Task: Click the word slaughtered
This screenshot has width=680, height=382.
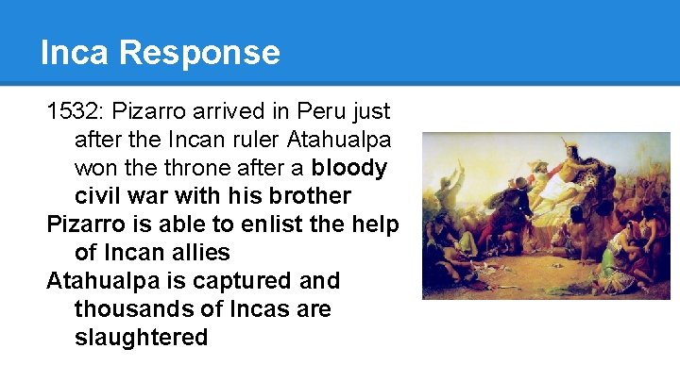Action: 141,338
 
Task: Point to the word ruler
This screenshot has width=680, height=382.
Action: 224,140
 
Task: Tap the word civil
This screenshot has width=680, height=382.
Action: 97,196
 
